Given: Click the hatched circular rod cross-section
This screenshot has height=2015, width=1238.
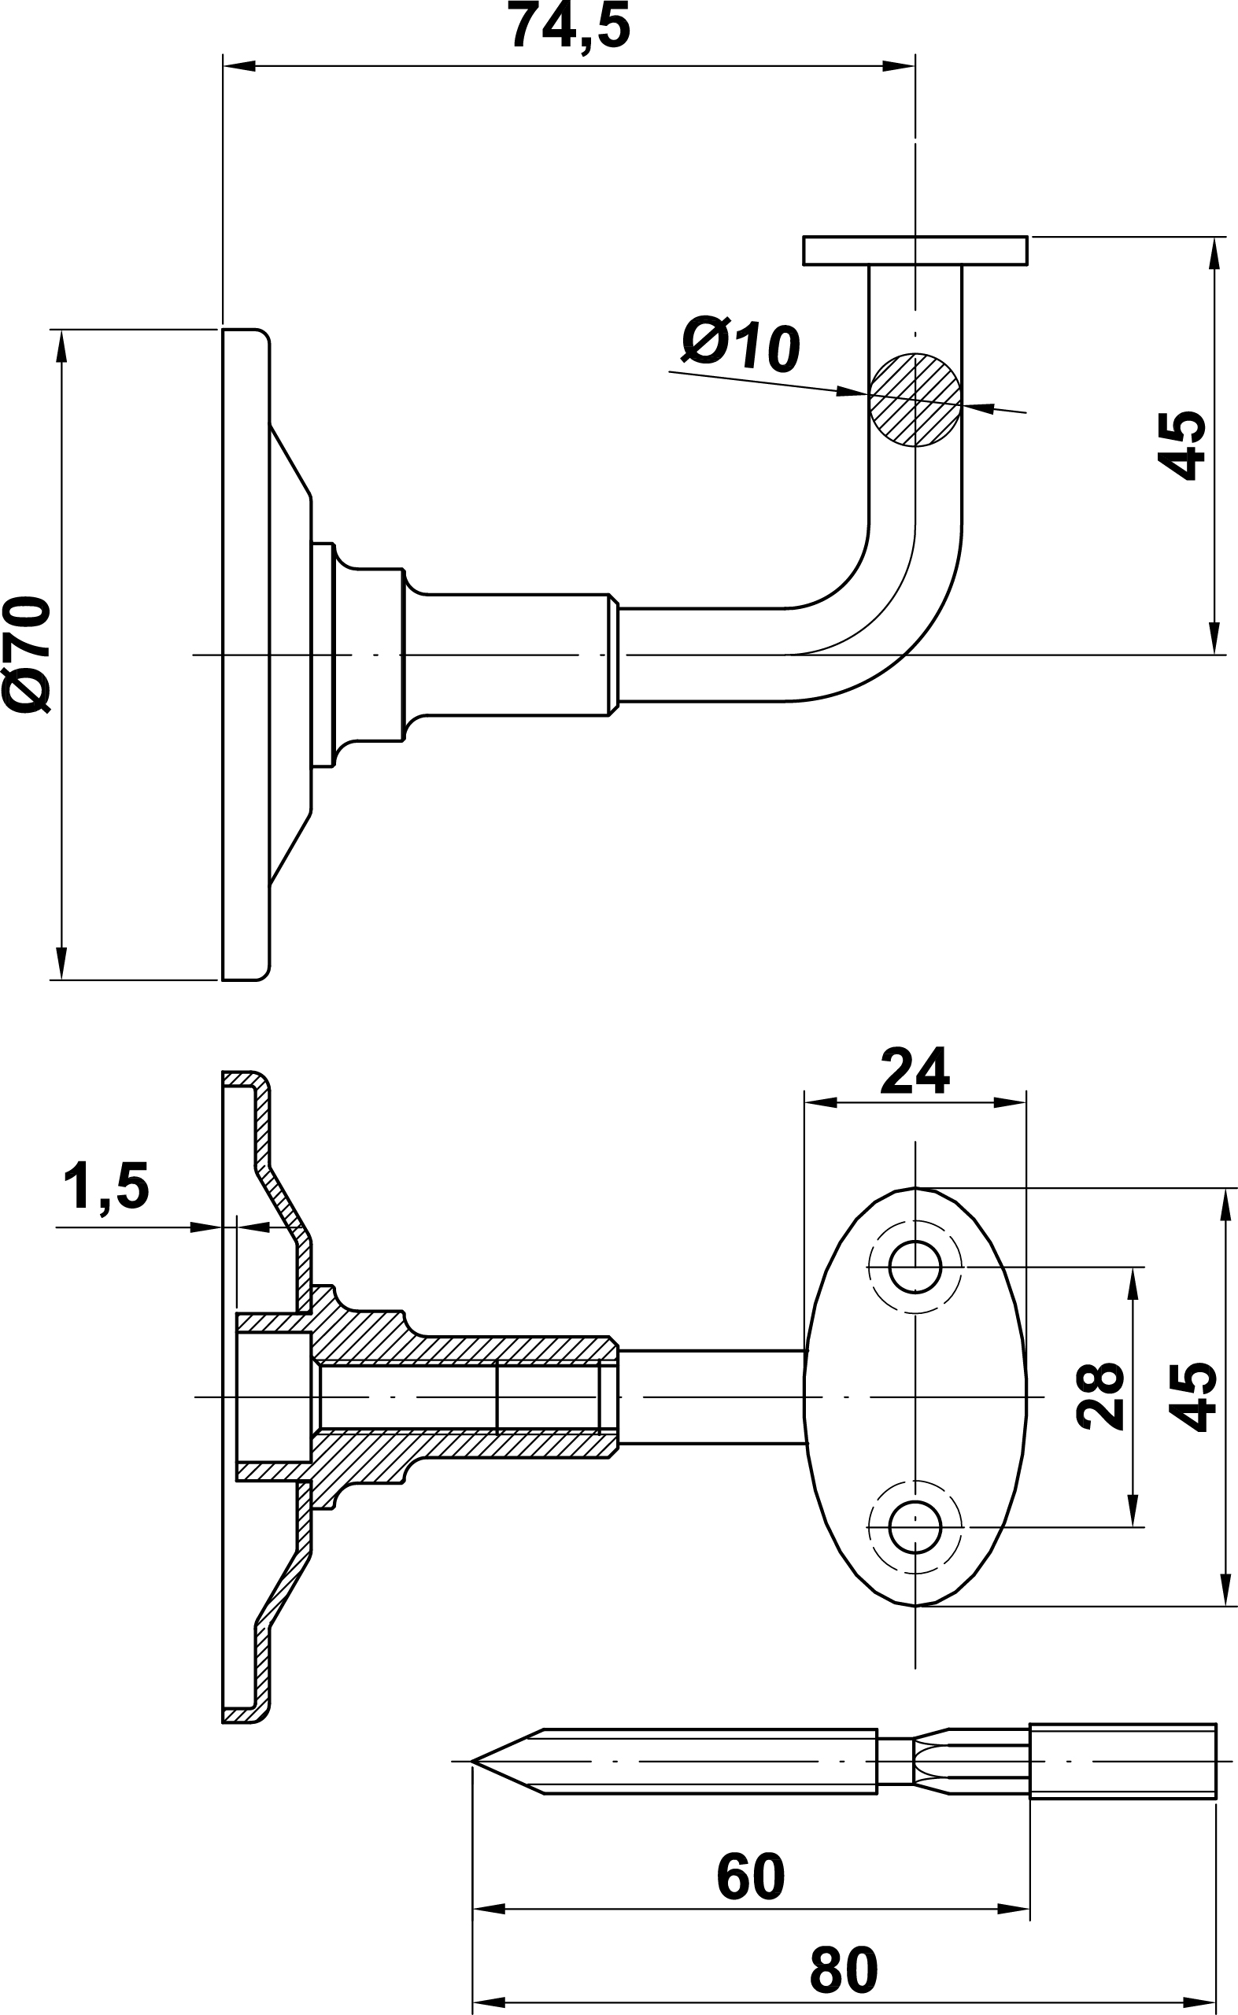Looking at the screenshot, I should (x=915, y=400).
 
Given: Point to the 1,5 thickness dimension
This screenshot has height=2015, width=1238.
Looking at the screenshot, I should (x=106, y=1186).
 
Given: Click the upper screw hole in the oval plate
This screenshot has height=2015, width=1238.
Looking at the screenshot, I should (x=915, y=1268).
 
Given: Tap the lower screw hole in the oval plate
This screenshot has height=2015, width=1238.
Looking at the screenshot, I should (x=915, y=1527).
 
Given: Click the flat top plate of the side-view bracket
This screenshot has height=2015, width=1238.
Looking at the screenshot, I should (x=915, y=250).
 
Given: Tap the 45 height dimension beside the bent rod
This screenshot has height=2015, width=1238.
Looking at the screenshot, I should (x=1181, y=445).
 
